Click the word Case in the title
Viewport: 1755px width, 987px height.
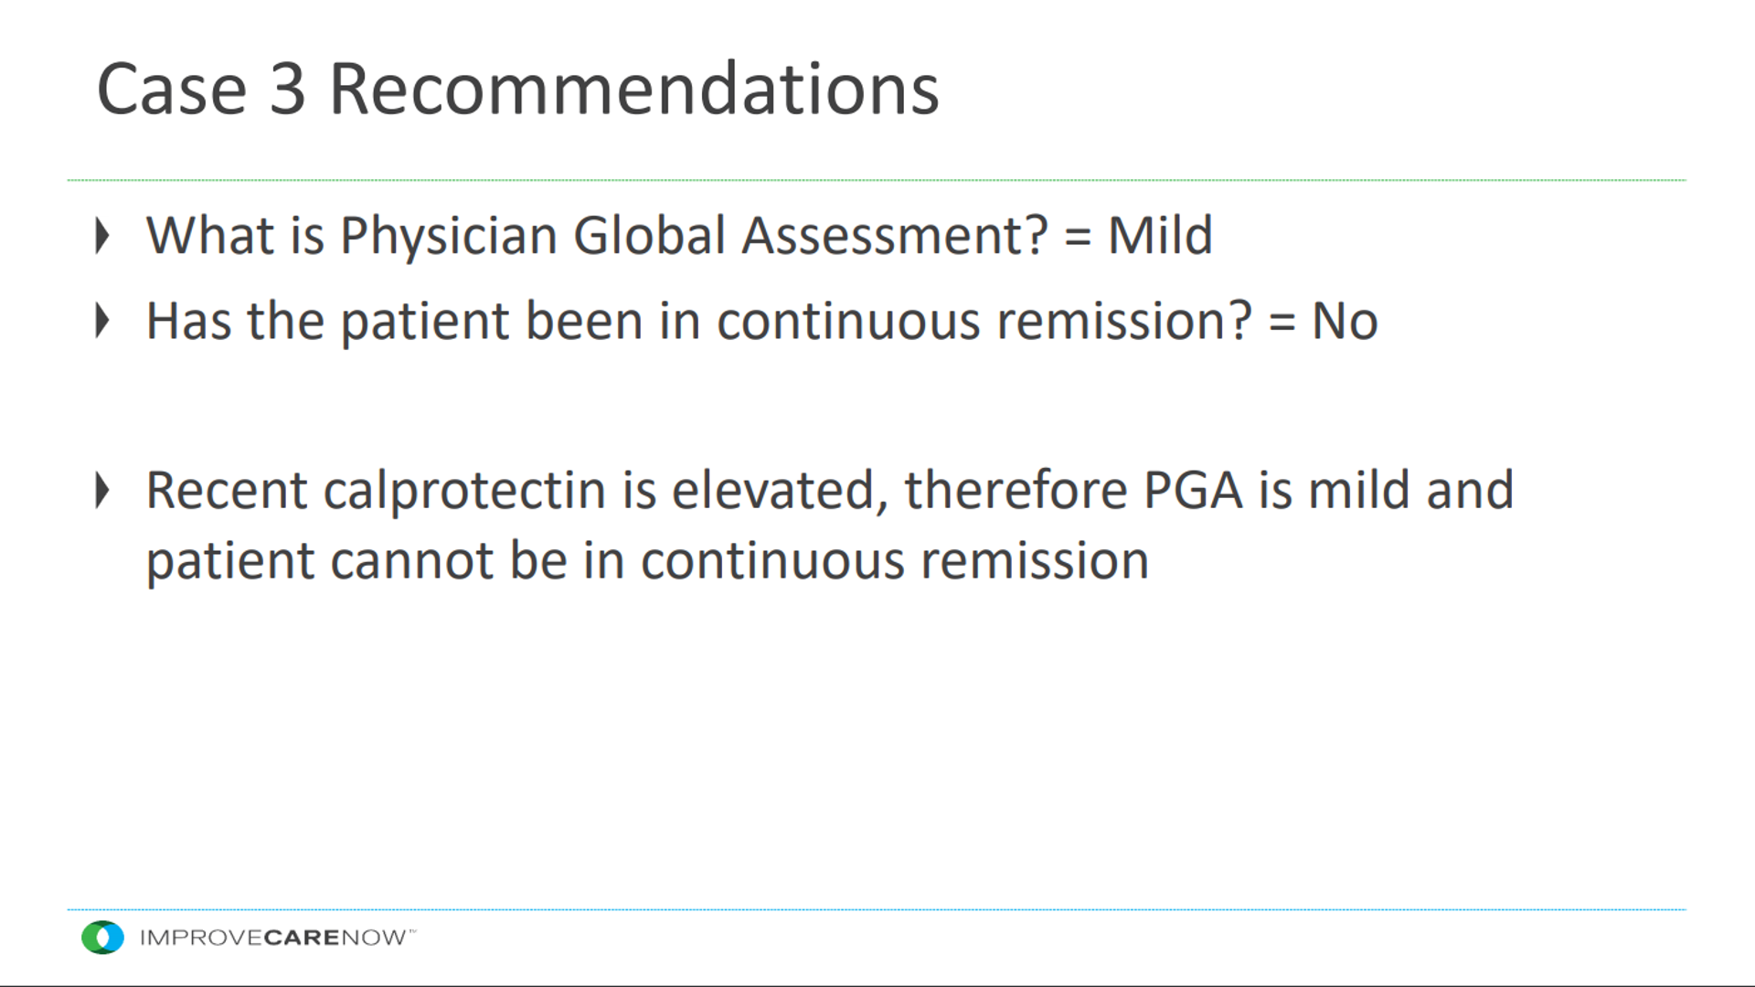pyautogui.click(x=172, y=90)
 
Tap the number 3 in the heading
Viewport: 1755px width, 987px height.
pyautogui.click(x=287, y=90)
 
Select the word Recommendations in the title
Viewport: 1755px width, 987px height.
pyautogui.click(x=633, y=89)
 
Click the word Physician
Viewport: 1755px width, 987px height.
pyautogui.click(x=449, y=237)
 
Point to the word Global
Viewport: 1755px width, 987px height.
pyautogui.click(x=650, y=235)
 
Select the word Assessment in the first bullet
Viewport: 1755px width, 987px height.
pyautogui.click(x=894, y=236)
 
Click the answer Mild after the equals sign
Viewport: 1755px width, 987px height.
pyautogui.click(x=1160, y=235)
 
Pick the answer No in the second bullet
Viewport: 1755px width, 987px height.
pyautogui.click(x=1345, y=322)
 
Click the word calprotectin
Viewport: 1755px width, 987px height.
pyautogui.click(x=464, y=492)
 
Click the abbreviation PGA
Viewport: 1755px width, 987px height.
pyautogui.click(x=1193, y=491)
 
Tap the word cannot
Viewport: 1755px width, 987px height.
pyautogui.click(x=411, y=561)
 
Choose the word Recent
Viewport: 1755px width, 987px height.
pyautogui.click(x=227, y=491)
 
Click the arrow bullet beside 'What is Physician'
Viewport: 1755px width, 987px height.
pyautogui.click(x=102, y=236)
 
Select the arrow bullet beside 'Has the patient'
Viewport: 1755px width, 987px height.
pyautogui.click(x=102, y=321)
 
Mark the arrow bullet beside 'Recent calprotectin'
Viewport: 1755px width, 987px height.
pyautogui.click(x=102, y=491)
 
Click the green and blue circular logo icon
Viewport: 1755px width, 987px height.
pyautogui.click(x=102, y=938)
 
